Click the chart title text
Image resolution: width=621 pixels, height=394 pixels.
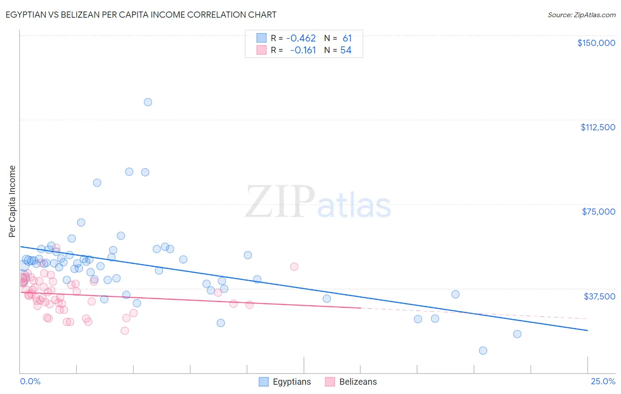tap(141, 15)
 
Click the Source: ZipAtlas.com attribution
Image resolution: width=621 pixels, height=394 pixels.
tap(581, 15)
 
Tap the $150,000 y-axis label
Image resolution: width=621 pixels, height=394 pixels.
tap(596, 43)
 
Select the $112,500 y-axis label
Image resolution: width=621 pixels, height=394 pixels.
tap(598, 127)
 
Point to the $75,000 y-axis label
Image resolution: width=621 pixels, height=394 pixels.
tap(598, 212)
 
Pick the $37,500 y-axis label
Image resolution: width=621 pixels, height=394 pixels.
tap(599, 296)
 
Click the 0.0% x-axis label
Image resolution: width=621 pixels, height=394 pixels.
tap(30, 382)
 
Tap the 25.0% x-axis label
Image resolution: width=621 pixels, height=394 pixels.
tap(603, 382)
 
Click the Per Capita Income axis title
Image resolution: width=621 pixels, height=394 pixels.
tap(12, 201)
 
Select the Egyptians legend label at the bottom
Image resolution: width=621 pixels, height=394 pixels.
tap(292, 382)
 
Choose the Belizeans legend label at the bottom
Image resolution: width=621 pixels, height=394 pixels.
tap(358, 382)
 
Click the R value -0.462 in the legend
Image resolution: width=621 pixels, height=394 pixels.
tap(301, 38)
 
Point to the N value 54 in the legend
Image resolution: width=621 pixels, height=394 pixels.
tap(346, 50)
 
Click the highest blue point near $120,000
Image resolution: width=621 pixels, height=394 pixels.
tap(148, 102)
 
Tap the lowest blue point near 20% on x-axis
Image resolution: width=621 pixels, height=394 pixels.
tap(483, 351)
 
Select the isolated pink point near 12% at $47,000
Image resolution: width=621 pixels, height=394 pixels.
tap(294, 266)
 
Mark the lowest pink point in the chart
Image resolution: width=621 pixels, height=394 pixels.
tap(125, 331)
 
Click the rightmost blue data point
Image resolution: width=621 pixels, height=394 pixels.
tap(517, 334)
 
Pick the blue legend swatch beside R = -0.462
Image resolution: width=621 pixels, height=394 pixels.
tap(261, 38)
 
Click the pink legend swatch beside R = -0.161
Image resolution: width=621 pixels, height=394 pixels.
tap(261, 50)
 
